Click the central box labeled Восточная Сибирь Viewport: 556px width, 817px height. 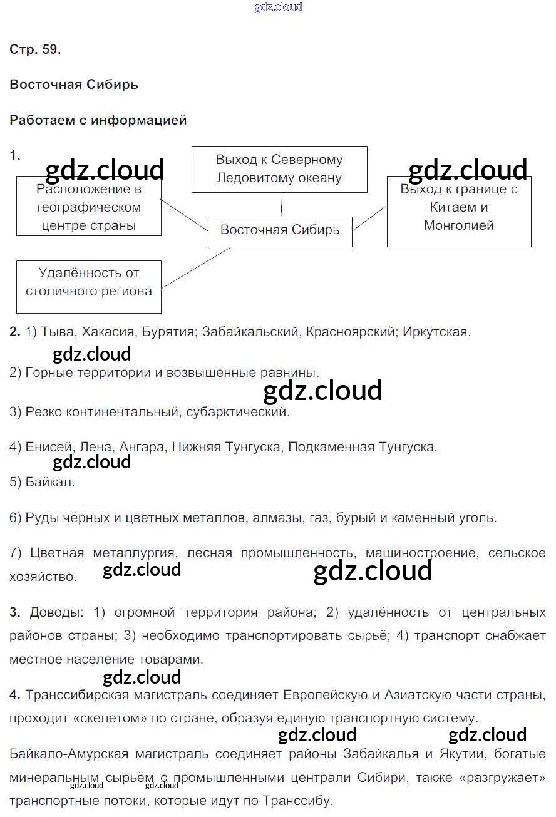(280, 230)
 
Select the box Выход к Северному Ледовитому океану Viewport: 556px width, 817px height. (279, 169)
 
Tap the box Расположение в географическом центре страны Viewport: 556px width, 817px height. (89, 207)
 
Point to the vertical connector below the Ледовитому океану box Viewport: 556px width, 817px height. (281, 204)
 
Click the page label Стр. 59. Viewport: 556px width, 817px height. (35, 50)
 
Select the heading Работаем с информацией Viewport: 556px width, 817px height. (98, 120)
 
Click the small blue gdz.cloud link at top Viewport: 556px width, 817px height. (278, 7)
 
